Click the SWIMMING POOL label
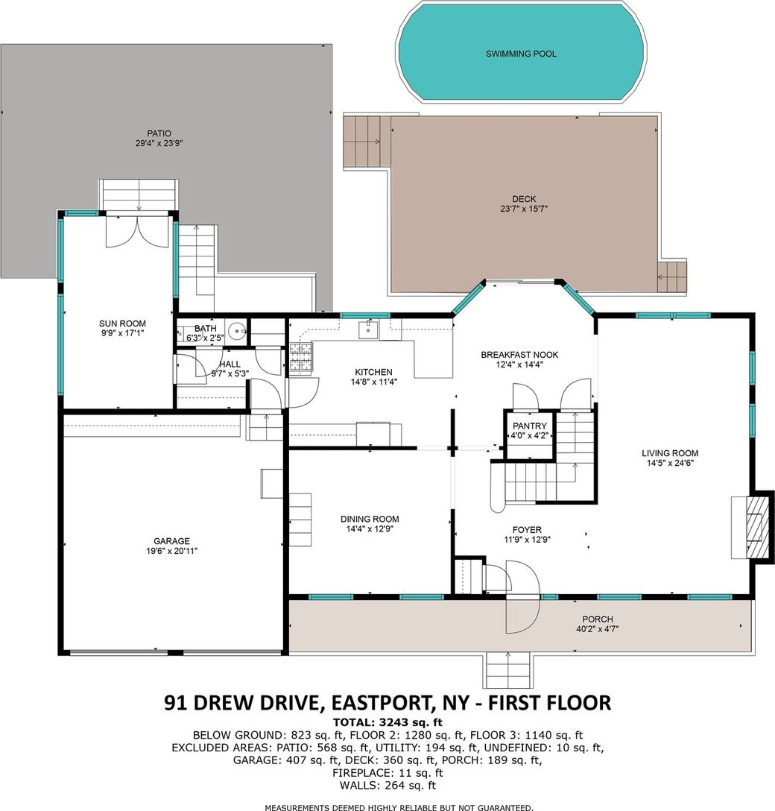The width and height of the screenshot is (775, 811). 521,54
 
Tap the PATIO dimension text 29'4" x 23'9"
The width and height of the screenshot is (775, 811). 159,143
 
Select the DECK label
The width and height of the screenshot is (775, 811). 525,199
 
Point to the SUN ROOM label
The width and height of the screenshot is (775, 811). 122,324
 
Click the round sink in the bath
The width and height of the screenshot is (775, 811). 238,330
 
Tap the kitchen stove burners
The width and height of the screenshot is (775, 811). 301,358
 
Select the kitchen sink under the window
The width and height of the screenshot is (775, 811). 369,329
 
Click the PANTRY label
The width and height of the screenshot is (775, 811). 529,426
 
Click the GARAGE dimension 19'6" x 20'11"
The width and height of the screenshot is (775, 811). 171,552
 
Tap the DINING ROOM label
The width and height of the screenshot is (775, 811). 370,519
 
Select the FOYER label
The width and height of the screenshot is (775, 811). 527,530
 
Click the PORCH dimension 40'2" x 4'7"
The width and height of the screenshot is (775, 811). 598,629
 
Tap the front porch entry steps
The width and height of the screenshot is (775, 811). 508,670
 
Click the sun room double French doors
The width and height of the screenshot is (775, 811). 139,232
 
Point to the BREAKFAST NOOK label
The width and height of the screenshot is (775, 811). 519,355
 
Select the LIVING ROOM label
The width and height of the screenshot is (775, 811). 670,453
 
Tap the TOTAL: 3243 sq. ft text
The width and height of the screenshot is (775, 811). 387,722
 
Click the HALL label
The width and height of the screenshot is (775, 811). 230,364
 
